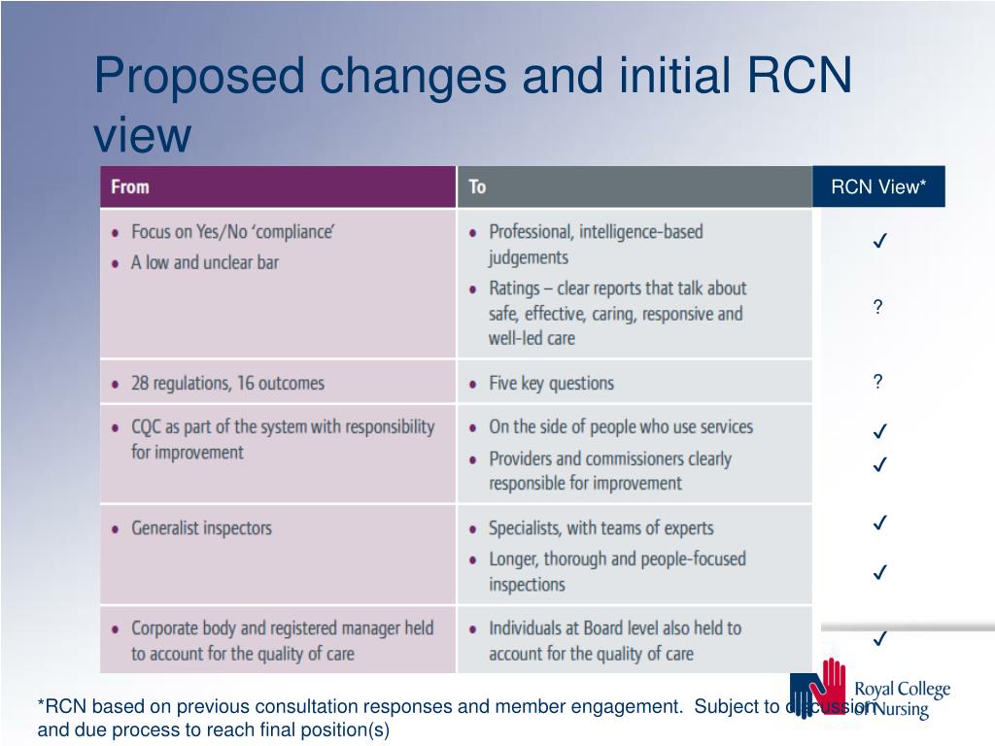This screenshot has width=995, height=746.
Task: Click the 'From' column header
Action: click(130, 186)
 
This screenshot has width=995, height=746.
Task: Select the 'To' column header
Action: click(477, 186)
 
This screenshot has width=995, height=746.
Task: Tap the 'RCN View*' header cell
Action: click(878, 187)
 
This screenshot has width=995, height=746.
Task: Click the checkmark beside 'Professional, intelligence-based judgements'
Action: click(878, 240)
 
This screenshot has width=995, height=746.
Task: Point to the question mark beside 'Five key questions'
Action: click(877, 382)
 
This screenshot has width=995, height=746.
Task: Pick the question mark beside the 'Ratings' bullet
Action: click(877, 308)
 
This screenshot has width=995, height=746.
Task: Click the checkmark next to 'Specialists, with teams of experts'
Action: click(878, 523)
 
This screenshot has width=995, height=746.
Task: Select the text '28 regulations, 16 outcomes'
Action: click(227, 383)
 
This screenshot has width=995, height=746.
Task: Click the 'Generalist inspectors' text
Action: click(201, 528)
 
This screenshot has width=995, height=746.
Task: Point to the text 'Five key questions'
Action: click(551, 383)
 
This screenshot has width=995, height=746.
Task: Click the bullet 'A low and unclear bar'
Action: click(204, 262)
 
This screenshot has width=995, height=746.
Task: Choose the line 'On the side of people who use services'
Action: click(620, 426)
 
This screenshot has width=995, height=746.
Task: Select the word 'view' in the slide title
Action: click(142, 135)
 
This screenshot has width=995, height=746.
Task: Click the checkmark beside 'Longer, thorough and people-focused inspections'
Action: click(878, 572)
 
